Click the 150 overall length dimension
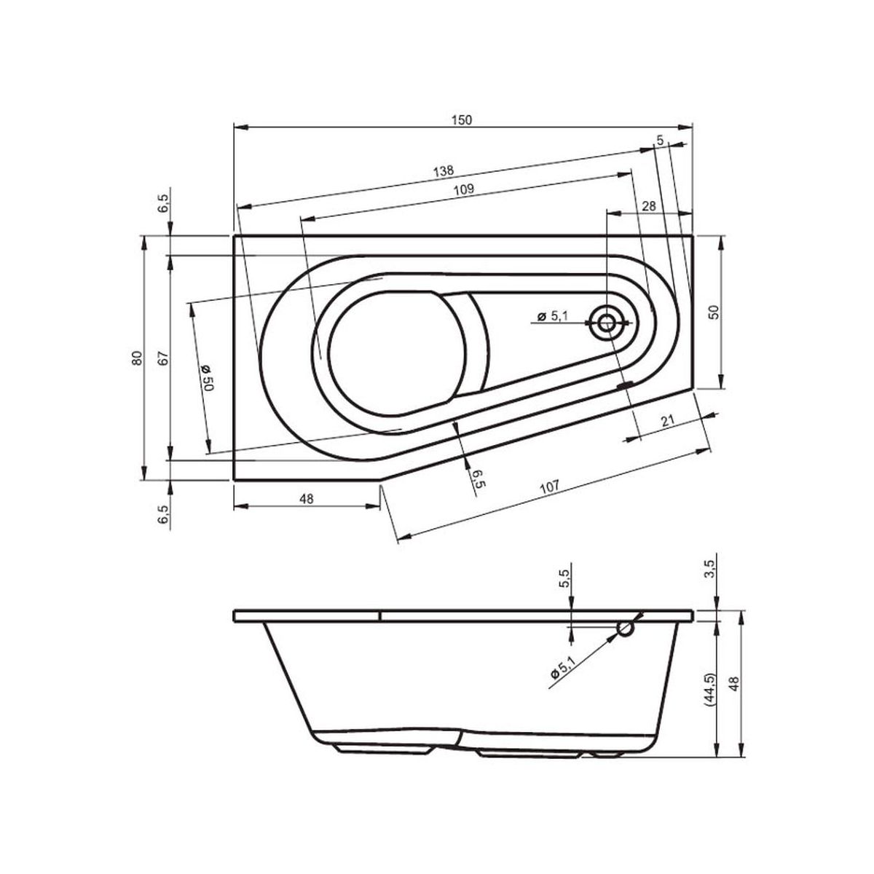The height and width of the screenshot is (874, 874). pyautogui.click(x=462, y=120)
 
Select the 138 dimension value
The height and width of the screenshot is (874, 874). pyautogui.click(x=443, y=171)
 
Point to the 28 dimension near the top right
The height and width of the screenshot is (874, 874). pyautogui.click(x=649, y=206)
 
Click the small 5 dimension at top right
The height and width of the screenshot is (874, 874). pyautogui.click(x=660, y=140)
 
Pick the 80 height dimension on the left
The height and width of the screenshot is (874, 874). pyautogui.click(x=138, y=358)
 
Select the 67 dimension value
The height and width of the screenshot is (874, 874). pyautogui.click(x=164, y=358)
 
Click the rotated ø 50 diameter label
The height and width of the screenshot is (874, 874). pyautogui.click(x=206, y=377)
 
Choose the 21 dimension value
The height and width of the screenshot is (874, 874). pyautogui.click(x=667, y=421)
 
